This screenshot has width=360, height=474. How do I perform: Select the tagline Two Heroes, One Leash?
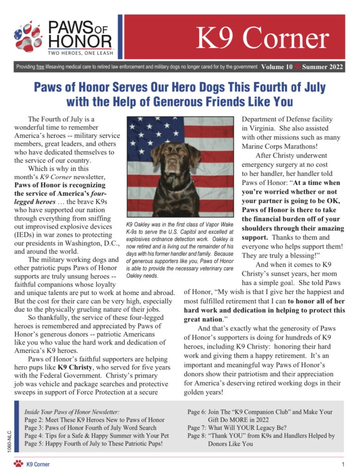[80, 53]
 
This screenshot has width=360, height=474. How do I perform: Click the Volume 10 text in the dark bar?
[277, 67]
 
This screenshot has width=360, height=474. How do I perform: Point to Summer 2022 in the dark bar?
[322, 67]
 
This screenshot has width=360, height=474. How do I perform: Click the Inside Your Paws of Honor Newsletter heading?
[72, 412]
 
